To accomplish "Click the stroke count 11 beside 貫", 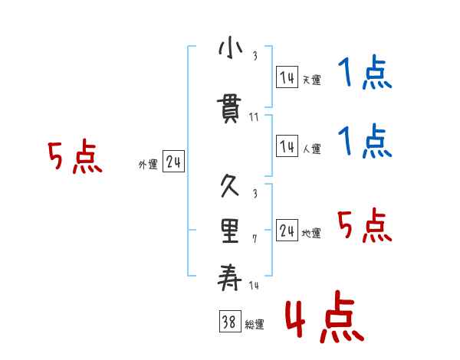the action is tap(254, 117).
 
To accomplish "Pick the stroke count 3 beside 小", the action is tap(254, 55).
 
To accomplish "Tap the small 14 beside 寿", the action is tap(254, 285).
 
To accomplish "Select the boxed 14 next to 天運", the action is tap(287, 77).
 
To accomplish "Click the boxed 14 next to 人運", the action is tap(287, 146).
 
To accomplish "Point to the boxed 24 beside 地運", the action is tap(287, 231).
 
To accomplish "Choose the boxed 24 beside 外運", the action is tap(174, 162).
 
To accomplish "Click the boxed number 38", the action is tap(228, 322).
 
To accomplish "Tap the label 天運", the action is tap(311, 80).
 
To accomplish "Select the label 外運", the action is tap(149, 165).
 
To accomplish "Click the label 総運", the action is tap(255, 325).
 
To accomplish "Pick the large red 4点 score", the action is tap(324, 319).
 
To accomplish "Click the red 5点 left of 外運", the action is tap(74, 158).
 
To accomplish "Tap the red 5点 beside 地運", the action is tap(365, 226).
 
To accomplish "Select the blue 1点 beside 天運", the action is tap(365, 74).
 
